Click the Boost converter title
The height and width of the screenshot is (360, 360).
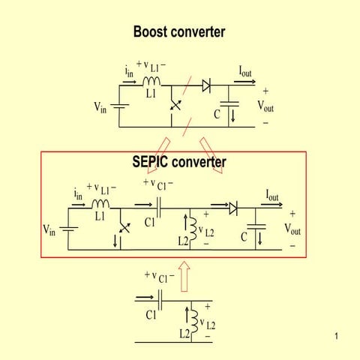179,31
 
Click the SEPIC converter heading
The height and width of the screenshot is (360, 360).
179,161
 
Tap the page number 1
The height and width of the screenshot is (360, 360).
337,335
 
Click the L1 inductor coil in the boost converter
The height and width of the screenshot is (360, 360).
152,81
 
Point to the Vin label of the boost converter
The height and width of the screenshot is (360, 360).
100,106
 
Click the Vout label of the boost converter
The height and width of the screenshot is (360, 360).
265,106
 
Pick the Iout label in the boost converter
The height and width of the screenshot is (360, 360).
245,72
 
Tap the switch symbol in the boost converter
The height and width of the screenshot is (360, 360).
176,104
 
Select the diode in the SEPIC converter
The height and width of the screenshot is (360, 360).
233,208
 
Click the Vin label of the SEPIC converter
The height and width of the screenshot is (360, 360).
49,229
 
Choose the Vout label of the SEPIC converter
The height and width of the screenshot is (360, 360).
292,228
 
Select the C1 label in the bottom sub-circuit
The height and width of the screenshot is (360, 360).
151,315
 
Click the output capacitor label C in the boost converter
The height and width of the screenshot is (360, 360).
217,115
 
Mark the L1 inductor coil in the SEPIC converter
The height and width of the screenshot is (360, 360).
100,204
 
